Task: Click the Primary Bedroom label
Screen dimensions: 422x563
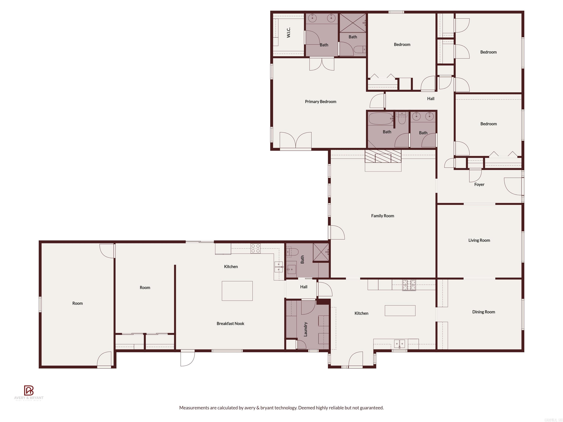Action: pos(320,101)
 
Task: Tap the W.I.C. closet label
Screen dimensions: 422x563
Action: pos(288,33)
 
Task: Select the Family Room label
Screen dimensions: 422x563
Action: pos(382,216)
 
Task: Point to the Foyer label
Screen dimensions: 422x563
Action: pos(479,184)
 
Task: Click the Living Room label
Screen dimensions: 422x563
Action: pos(479,240)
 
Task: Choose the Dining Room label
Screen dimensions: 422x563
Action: pos(483,312)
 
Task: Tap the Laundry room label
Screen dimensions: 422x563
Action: pos(306,329)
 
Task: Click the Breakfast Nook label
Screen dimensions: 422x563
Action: pos(230,324)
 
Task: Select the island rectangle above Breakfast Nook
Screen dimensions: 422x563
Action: pos(237,291)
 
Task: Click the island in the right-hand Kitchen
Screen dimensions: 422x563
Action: pos(400,311)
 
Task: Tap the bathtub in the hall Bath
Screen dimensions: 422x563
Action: pos(380,119)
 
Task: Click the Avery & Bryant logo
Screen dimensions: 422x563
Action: pos(29,390)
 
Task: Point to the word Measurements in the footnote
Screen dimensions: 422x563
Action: pos(194,408)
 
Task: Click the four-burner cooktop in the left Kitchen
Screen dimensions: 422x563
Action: pos(255,249)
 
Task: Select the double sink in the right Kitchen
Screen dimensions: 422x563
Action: pos(399,344)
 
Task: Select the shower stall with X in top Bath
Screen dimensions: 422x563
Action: pos(353,23)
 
